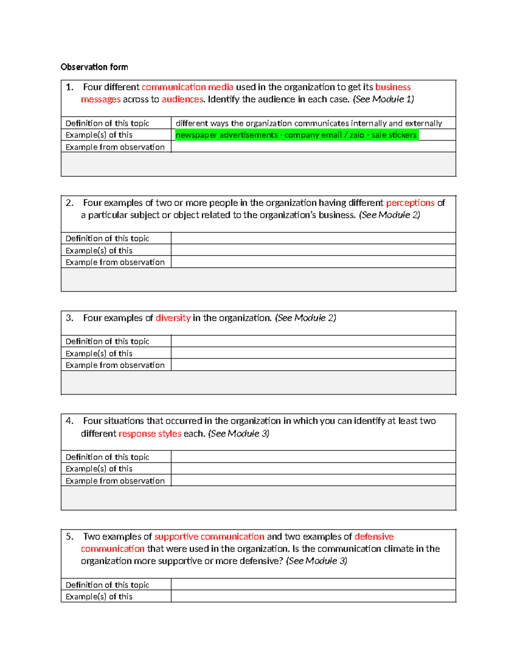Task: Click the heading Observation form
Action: coord(94,67)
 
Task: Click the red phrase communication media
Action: coord(187,87)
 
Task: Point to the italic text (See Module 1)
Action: coord(383,99)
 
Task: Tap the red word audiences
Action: coord(182,99)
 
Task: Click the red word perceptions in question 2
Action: coord(410,203)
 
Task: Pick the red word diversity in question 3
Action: coord(173,318)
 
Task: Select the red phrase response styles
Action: coord(150,434)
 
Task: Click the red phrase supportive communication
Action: coord(209,537)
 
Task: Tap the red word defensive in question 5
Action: coord(374,537)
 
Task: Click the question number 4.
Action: coord(69,421)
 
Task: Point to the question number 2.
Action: coord(69,203)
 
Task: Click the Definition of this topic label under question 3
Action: coord(107,341)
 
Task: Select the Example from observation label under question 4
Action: coord(115,481)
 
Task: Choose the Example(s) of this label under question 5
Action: coord(99,597)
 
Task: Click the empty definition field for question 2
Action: coord(313,239)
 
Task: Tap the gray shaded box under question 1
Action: coord(258,164)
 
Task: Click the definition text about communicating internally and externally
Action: coord(309,123)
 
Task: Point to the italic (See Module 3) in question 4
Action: coord(239,434)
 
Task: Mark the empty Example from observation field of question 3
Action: coord(313,365)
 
